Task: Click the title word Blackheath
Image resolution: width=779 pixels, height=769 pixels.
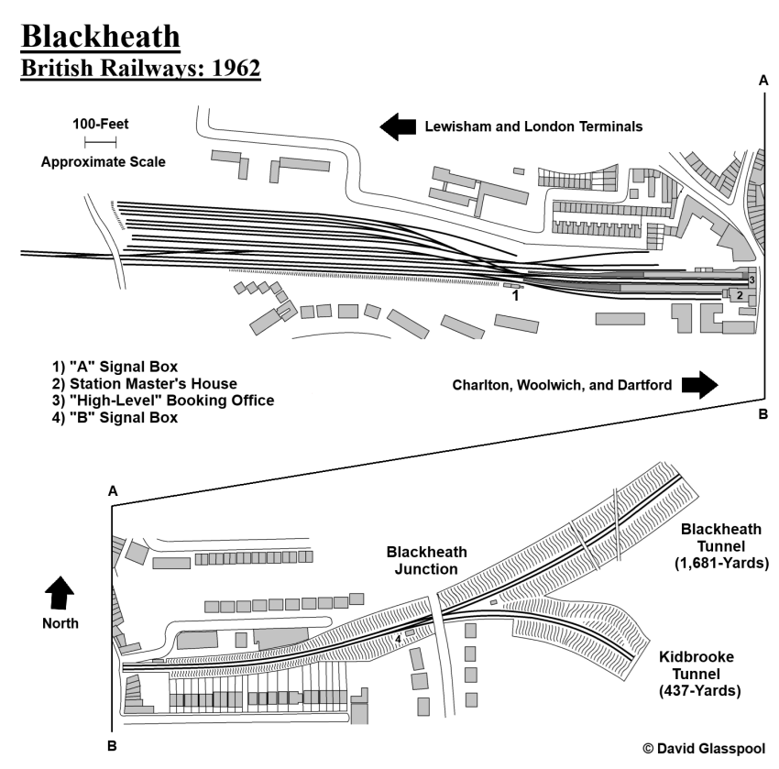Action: coord(101,38)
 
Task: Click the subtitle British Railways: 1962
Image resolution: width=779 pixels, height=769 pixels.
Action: coord(141,71)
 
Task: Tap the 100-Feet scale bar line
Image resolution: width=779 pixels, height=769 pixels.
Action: coord(100,142)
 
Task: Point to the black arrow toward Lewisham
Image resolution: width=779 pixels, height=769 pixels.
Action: coord(399,126)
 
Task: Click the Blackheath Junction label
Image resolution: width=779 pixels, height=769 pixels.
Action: coord(426,560)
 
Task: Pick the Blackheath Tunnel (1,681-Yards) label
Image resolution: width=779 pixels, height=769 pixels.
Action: coord(723,546)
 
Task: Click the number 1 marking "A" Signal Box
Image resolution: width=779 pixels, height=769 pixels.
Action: coord(515,297)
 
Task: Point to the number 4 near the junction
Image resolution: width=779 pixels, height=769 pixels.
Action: coord(398,640)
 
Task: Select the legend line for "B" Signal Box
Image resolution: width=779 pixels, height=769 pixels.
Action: coord(121,419)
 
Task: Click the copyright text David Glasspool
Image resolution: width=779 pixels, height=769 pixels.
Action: coord(704,749)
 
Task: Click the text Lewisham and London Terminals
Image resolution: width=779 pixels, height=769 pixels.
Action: coord(533,126)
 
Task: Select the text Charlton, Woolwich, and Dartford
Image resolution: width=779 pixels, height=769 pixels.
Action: coord(563,385)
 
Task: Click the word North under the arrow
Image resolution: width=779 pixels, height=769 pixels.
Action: coord(59,623)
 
